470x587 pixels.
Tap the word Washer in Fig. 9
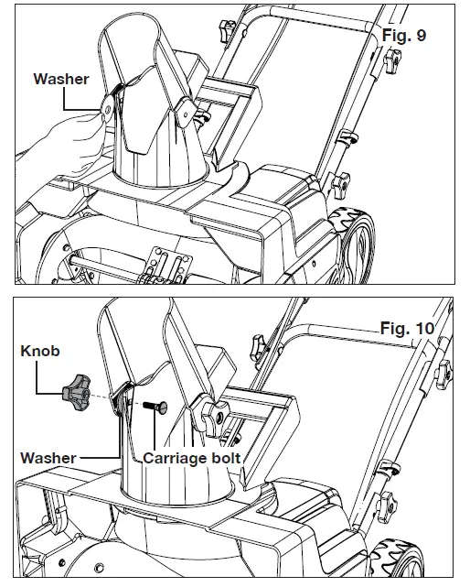pos(61,79)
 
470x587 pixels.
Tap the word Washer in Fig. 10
pos(48,455)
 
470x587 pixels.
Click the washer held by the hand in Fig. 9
pos(108,108)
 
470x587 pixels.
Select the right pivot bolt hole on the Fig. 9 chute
pos(182,111)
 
